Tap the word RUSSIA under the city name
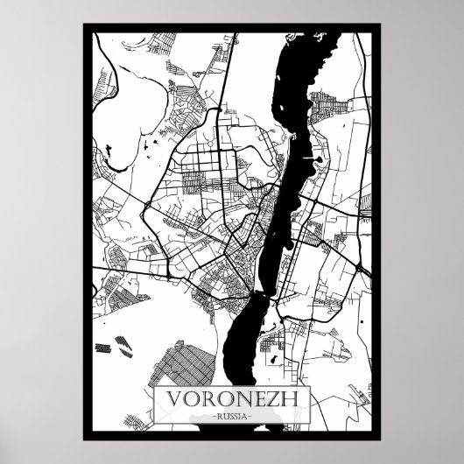(232, 416)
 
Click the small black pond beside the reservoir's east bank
(319, 160)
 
